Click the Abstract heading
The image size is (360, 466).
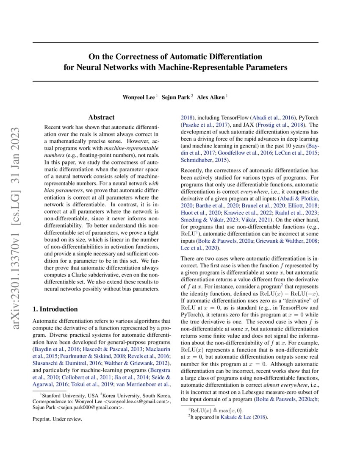coord(101,117)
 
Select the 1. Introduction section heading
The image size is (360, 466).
coord(55,309)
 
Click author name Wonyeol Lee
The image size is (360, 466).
coord(138,97)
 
